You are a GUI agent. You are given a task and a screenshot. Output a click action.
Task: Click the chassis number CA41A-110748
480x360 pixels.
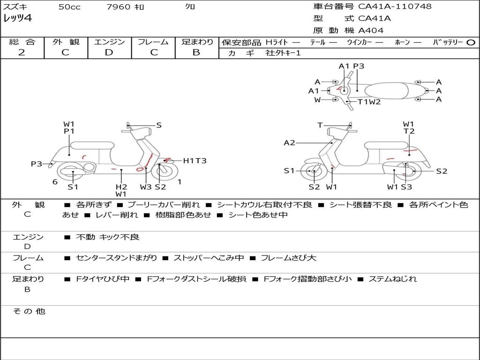[395, 6]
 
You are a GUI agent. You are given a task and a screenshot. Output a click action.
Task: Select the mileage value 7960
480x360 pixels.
[118, 7]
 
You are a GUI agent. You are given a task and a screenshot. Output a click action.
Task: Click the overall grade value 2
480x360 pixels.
[22, 52]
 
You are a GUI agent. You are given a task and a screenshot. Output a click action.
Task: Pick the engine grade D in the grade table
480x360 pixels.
[109, 52]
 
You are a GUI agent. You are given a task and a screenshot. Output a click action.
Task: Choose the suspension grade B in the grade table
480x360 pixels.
[196, 52]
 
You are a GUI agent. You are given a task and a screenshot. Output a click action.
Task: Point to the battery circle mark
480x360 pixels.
[471, 43]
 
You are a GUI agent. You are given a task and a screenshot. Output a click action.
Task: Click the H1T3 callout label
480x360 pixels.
[195, 160]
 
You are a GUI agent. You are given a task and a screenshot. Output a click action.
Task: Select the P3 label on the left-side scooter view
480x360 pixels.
[37, 164]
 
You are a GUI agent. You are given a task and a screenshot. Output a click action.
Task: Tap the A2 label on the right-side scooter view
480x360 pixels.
[289, 142]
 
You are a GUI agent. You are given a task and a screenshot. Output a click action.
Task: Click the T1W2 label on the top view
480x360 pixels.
[369, 102]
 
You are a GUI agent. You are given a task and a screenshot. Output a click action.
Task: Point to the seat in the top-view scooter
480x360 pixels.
[386, 91]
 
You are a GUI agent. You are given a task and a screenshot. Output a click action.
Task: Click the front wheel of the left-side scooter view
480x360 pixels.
[165, 172]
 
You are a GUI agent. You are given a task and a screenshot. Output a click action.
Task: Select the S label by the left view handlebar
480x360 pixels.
[158, 125]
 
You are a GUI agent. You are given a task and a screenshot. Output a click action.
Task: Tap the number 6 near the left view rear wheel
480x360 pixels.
[55, 182]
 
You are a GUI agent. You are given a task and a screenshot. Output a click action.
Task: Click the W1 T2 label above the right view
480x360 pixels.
[409, 127]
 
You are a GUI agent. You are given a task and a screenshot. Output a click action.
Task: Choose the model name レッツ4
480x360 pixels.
[18, 18]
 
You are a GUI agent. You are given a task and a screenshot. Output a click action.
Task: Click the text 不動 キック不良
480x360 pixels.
[107, 237]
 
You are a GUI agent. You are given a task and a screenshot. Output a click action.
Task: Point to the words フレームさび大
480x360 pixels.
[288, 258]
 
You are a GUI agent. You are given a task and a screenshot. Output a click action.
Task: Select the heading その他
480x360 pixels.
[29, 311]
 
